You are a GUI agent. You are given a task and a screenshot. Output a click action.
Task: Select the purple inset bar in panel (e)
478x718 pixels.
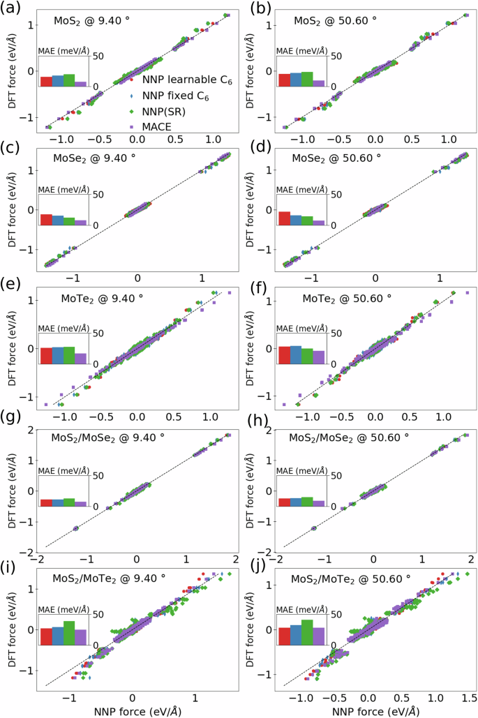click(80, 359)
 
